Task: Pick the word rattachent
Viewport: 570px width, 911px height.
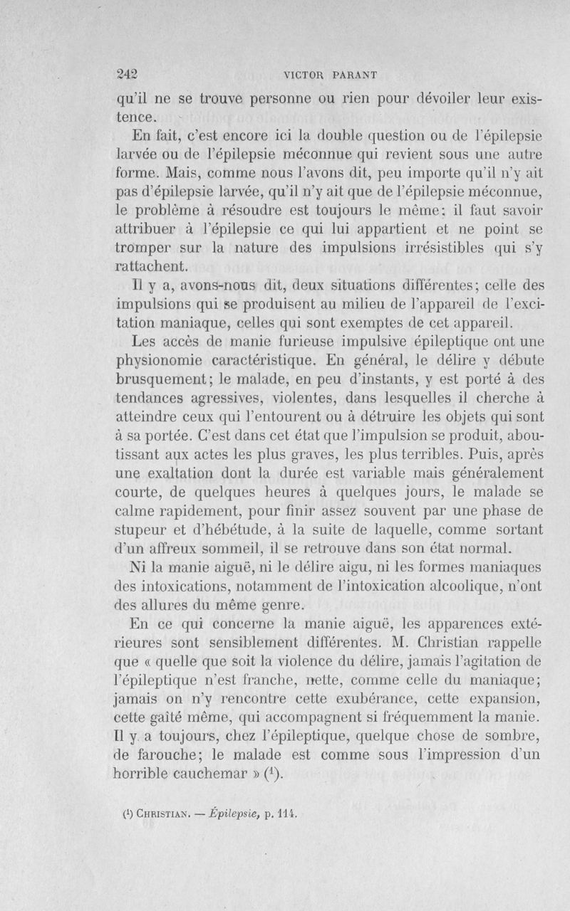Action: pos(151,268)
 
